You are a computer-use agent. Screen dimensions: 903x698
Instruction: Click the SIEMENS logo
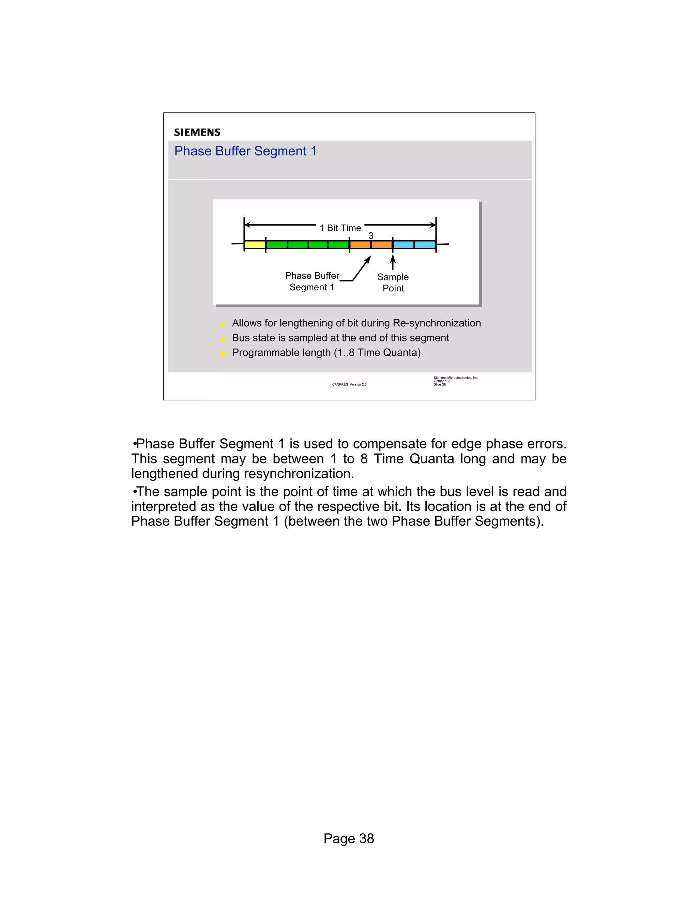pos(197,132)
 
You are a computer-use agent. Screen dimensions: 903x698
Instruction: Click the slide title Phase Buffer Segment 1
pos(245,151)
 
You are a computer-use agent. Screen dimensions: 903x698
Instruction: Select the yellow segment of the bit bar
pos(254,244)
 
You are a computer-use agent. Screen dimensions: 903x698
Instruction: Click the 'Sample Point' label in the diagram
pos(393,283)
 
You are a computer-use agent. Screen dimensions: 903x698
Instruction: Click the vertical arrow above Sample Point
pos(393,262)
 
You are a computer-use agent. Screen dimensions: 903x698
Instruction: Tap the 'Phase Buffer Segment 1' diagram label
pos(312,281)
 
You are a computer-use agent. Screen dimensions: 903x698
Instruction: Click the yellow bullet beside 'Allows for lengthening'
pos(223,324)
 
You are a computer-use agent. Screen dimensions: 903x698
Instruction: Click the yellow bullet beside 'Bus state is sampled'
pos(223,339)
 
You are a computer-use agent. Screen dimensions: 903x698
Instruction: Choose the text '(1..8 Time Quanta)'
pos(377,353)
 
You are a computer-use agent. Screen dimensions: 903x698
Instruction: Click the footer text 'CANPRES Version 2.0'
pos(349,384)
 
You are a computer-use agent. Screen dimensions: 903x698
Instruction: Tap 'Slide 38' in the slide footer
pos(440,384)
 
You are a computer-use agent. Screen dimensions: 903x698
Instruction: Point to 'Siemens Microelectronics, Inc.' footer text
pos(456,378)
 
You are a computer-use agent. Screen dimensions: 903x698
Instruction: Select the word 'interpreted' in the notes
pos(164,506)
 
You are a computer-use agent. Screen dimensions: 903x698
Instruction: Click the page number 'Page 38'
pos(349,839)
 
